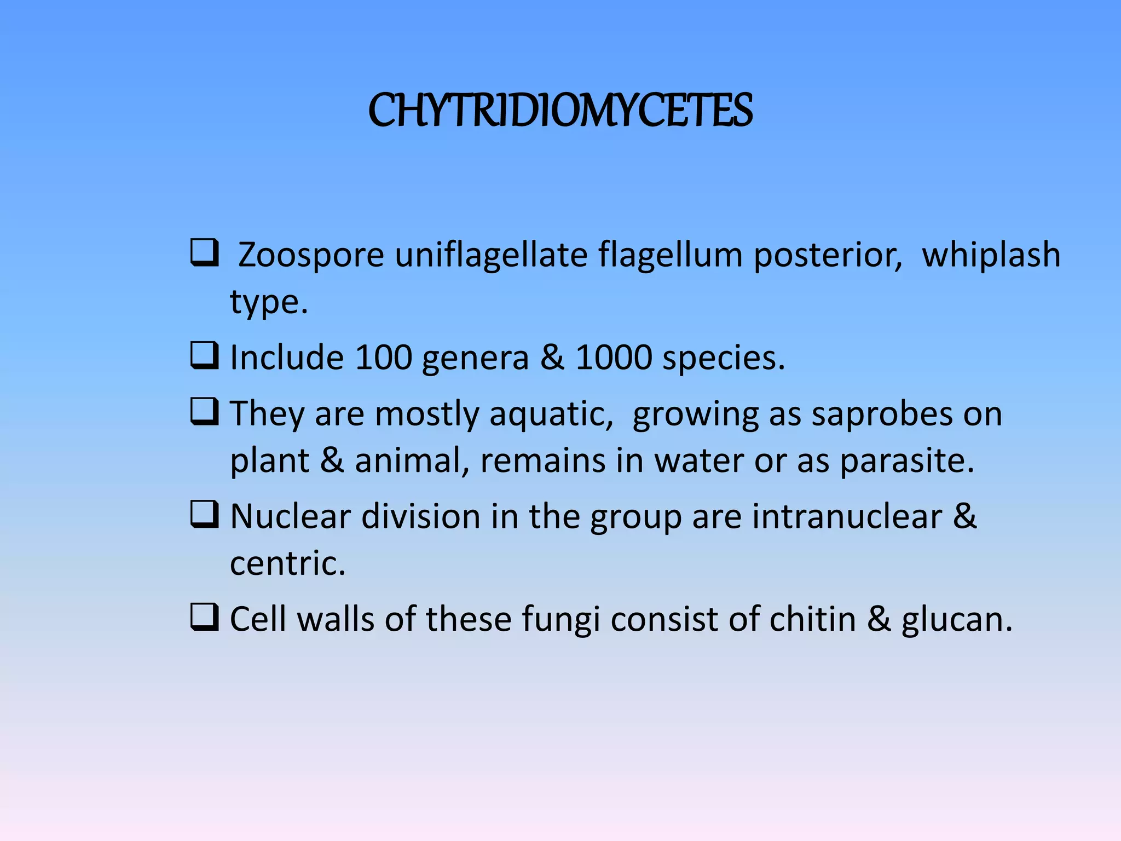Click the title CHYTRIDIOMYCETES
tap(560, 111)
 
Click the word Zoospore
tap(311, 255)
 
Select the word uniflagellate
tap(490, 255)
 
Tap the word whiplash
tap(991, 255)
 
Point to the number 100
tap(383, 358)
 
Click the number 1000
tap(614, 358)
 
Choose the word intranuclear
tap(847, 517)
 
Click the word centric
tap(287, 564)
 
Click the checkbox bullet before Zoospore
tap(205, 253)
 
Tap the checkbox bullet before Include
tap(205, 356)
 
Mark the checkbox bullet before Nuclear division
tap(205, 515)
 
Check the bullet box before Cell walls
tap(205, 618)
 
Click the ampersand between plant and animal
tap(332, 461)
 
